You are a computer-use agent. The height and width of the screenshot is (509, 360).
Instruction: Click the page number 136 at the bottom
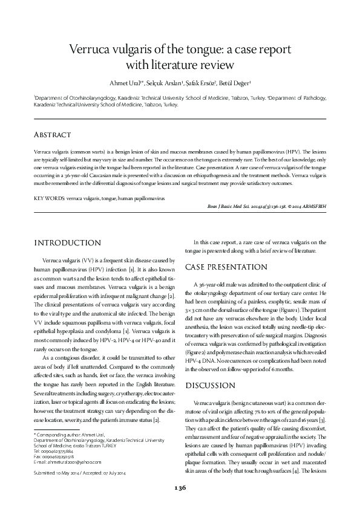click(x=180, y=487)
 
